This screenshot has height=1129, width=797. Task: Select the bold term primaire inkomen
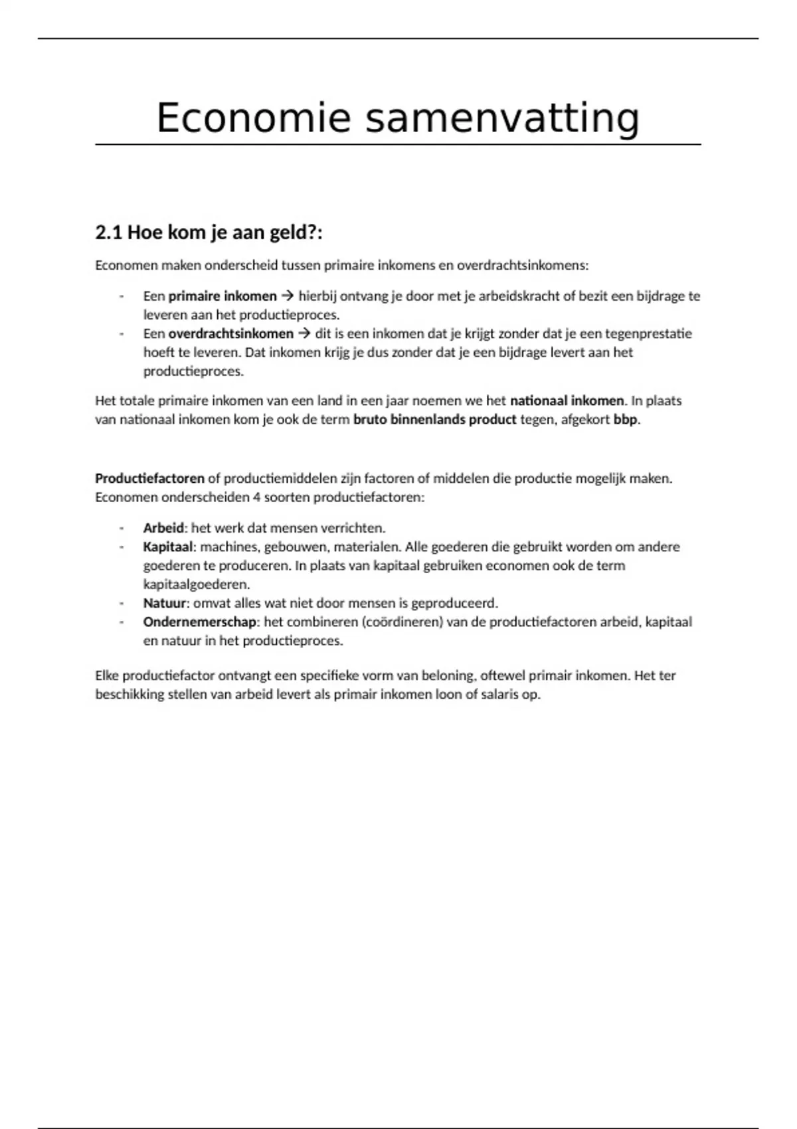click(222, 296)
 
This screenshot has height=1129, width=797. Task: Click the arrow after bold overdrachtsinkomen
click(304, 333)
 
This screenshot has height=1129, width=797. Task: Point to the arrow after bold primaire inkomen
click(288, 296)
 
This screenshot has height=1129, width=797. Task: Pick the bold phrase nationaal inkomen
click(567, 400)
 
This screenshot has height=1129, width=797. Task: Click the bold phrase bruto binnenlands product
click(434, 420)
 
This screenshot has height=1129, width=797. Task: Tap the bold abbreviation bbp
click(625, 420)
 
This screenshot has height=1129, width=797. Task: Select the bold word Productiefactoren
click(149, 478)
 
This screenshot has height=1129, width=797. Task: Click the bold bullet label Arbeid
click(163, 528)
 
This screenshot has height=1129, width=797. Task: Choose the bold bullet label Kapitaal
click(168, 547)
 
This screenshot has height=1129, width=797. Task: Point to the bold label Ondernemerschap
click(199, 622)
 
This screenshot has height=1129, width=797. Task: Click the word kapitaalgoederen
click(196, 584)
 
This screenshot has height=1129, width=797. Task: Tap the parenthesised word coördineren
click(402, 622)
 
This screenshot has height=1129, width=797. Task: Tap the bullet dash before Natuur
click(122, 603)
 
